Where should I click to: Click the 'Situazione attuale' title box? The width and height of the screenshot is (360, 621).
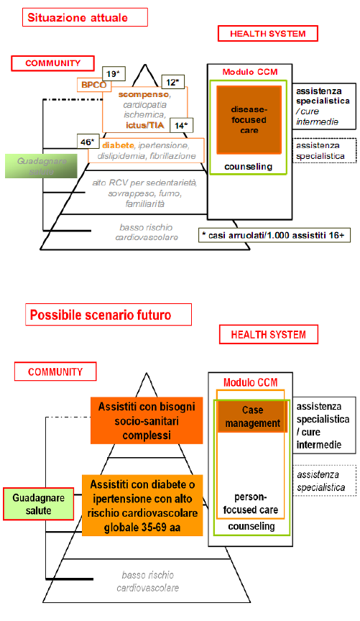pos(85,17)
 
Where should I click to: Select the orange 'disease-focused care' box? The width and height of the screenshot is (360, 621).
pos(248,119)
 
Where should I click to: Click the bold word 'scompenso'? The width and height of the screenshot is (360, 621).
pos(144,94)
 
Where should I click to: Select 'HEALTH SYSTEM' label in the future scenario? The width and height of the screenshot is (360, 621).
pos(267,334)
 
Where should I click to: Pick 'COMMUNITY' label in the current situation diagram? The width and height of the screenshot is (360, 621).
pos(53,63)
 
